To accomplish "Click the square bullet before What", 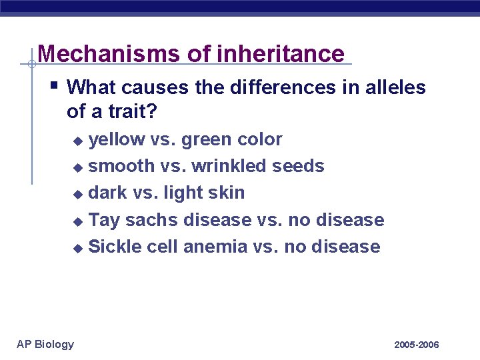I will coord(55,85).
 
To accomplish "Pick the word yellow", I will coord(117,140).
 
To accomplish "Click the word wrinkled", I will coord(231,166).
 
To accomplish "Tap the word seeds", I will coord(299,166).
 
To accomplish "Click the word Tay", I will coord(104,219).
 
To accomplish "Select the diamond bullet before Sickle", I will coord(78,248).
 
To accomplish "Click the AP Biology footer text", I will coord(45,344).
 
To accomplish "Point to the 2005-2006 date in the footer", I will coord(416,345).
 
